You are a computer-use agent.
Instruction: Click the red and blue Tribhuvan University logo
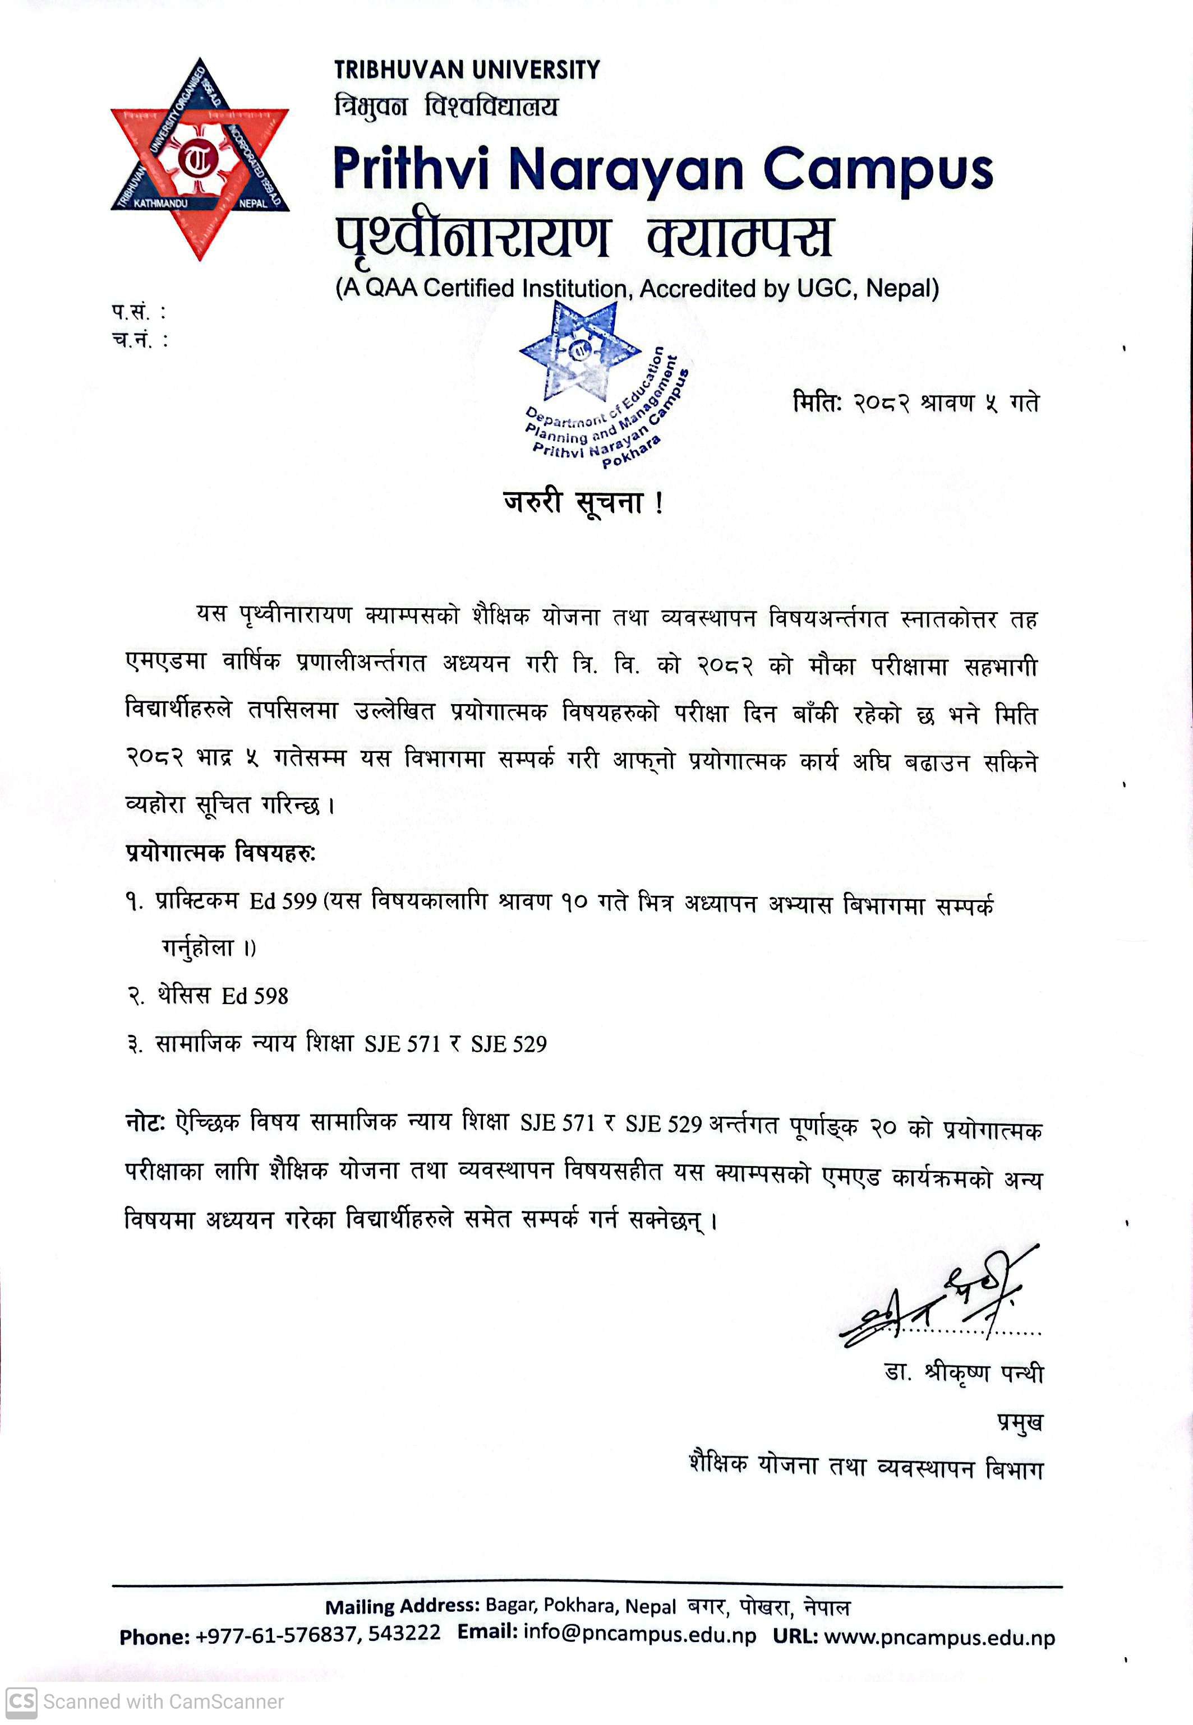click(200, 159)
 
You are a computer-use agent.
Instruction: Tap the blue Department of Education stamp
click(598, 389)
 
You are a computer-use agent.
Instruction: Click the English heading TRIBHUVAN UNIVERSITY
click(467, 70)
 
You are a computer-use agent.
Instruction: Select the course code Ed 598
click(255, 996)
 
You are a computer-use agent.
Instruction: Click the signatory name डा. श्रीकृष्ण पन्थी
click(963, 1372)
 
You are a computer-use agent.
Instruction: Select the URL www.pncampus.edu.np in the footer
click(939, 1638)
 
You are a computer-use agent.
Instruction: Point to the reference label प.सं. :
click(139, 312)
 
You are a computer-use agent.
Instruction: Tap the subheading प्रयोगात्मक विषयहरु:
click(220, 853)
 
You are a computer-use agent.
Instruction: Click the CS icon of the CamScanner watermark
click(21, 1702)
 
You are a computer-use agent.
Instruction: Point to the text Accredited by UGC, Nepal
click(789, 288)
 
